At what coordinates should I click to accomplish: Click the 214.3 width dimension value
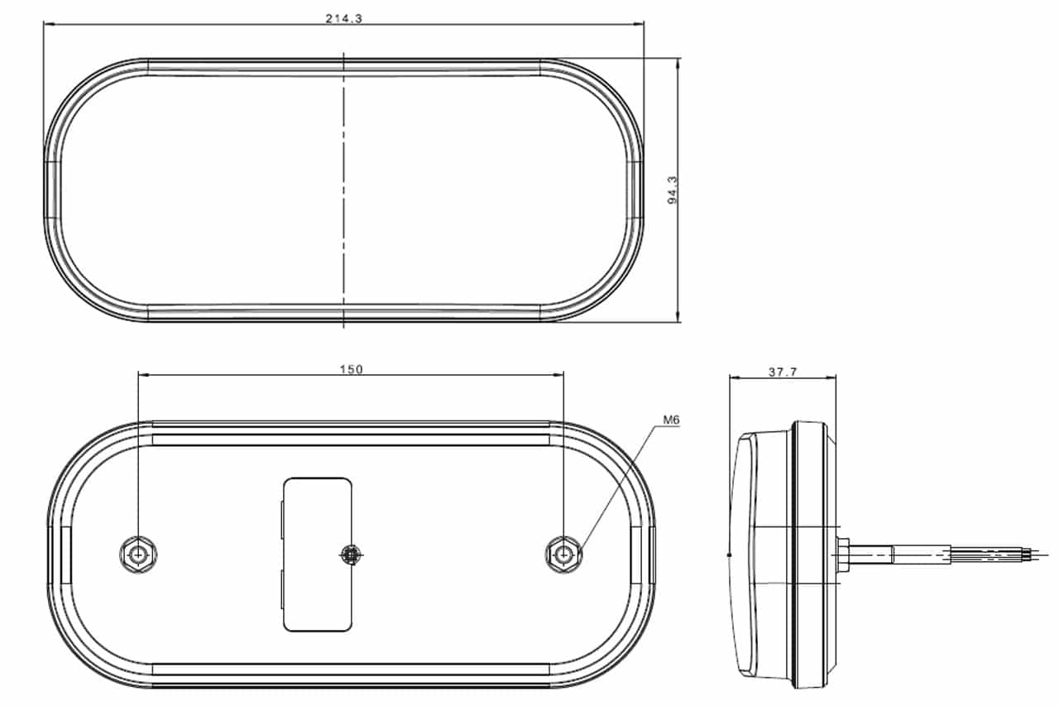(x=343, y=18)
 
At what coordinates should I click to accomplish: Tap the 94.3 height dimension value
(x=672, y=190)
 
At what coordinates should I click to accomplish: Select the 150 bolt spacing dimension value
(x=352, y=369)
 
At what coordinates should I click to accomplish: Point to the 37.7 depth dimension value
(x=783, y=372)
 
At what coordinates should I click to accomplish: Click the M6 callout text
(x=671, y=420)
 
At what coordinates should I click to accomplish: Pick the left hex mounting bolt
(x=138, y=555)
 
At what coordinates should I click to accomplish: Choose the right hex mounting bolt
(x=563, y=555)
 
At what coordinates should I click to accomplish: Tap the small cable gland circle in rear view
(x=352, y=555)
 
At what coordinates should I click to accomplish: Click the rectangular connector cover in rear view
(x=317, y=555)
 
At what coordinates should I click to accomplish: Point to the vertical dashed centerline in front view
(x=343, y=190)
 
